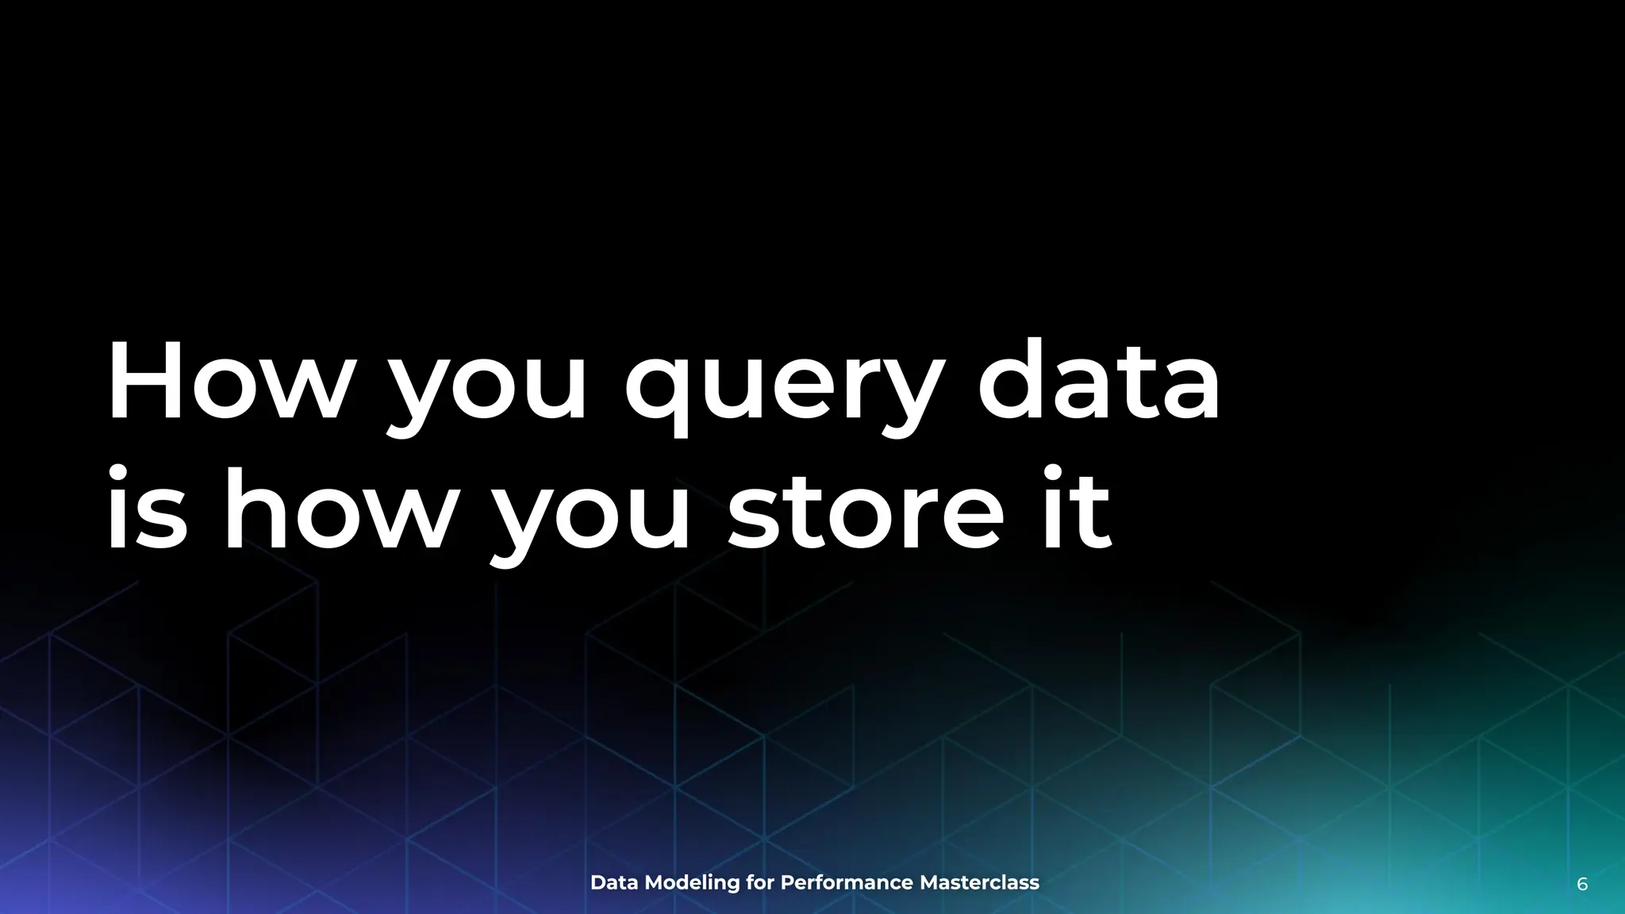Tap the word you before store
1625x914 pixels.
591,520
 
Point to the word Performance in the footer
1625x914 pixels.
847,883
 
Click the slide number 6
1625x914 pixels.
1582,885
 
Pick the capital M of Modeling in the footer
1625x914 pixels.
655,883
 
